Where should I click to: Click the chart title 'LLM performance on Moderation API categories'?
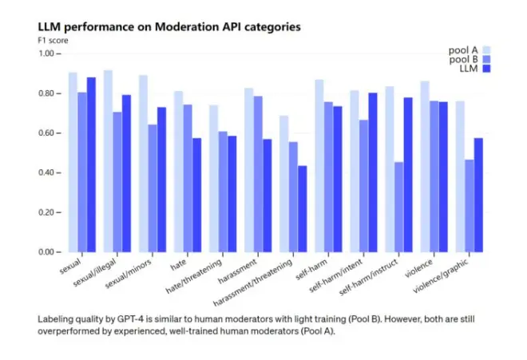(169, 27)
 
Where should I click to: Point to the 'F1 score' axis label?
(53, 40)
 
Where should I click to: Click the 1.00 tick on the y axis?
(50, 53)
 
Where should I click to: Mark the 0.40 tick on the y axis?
(50, 173)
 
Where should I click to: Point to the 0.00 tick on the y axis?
(50, 252)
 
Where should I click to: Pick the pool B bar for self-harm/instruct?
(398, 208)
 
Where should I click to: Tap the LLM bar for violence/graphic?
(478, 196)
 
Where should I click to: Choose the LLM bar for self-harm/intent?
(372, 172)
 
